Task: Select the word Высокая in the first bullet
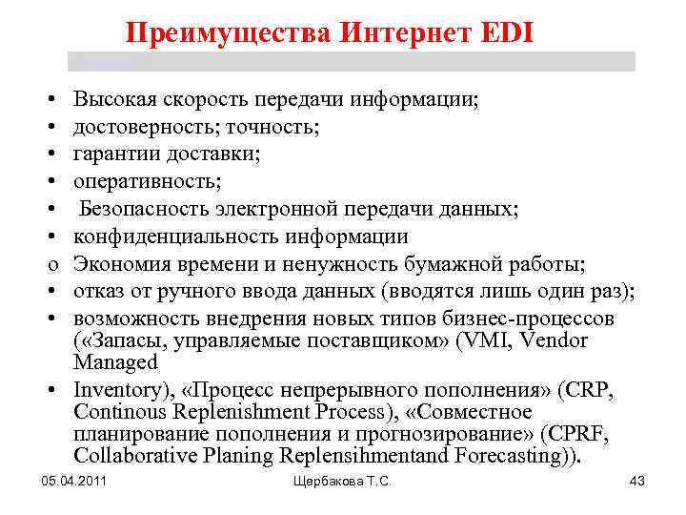[115, 98]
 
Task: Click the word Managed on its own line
[115, 362]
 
